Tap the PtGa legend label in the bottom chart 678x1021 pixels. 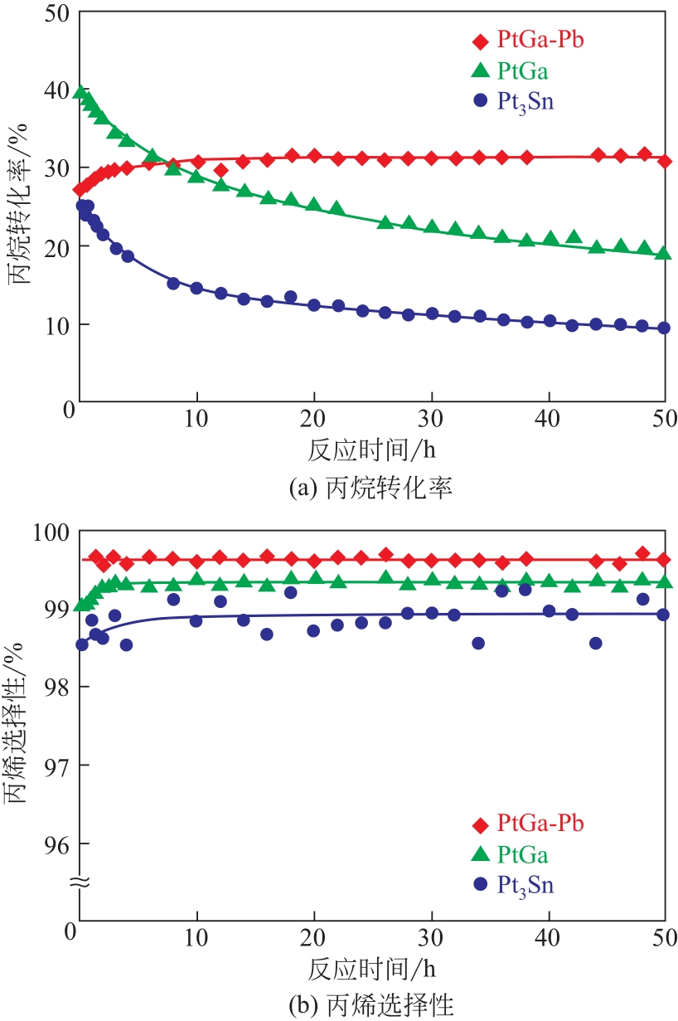524,854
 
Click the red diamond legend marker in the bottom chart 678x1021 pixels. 480,824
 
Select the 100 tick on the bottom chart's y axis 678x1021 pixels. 51,531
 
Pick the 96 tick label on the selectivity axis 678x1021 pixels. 57,844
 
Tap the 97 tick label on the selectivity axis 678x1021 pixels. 57,766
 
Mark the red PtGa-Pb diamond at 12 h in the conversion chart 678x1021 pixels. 220,170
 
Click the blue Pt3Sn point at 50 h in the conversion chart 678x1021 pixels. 663,328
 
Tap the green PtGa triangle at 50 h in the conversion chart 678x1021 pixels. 663,253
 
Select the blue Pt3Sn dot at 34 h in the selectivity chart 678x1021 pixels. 478,643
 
